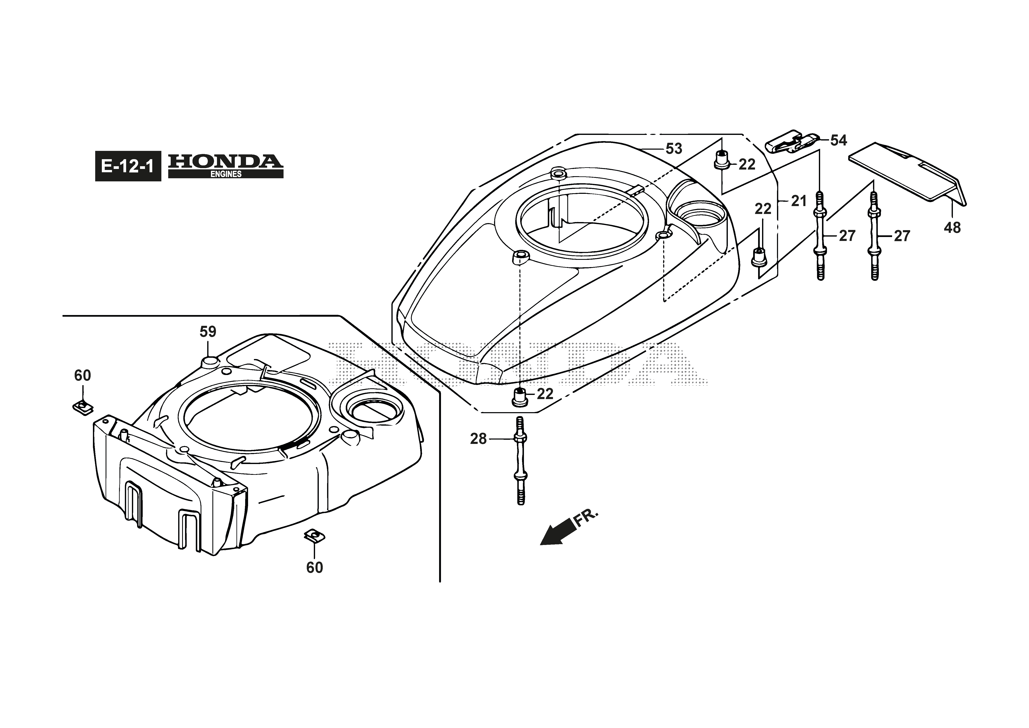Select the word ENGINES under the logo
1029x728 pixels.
226,174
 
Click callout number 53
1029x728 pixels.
674,148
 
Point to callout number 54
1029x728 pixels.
839,140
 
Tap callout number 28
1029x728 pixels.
478,439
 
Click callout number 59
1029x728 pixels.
208,332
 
